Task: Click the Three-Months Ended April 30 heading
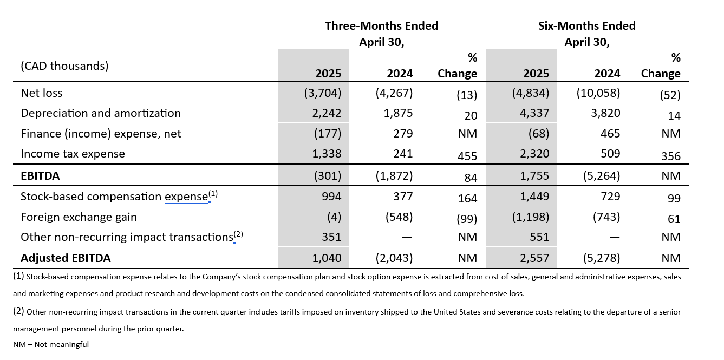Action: point(381,34)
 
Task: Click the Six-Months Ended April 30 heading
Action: point(586,34)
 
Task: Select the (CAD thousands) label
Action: point(64,66)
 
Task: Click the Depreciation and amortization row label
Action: point(101,113)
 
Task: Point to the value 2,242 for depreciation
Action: point(327,113)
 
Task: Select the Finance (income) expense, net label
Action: point(101,134)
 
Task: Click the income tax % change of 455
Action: point(467,156)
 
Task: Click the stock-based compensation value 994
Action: point(330,197)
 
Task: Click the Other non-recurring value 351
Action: point(330,237)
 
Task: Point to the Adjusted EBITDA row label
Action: point(66,258)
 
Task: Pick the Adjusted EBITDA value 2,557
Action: point(534,258)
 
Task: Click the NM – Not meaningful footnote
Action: point(51,344)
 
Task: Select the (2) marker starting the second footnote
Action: point(18,312)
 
